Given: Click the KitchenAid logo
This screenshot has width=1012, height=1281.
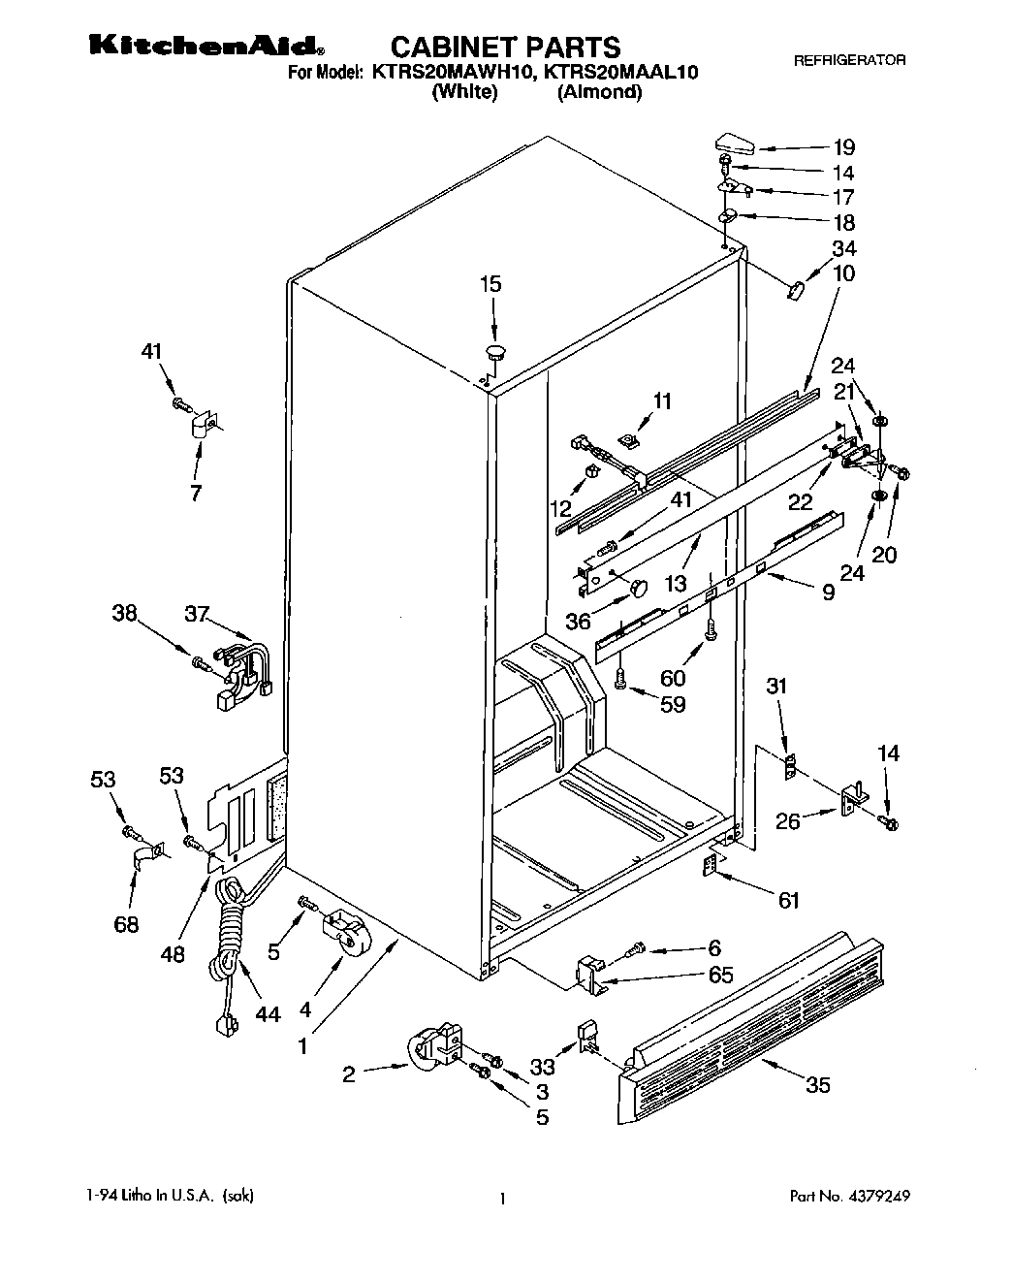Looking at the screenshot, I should (x=206, y=45).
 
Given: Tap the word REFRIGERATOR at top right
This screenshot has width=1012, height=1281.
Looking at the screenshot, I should (x=849, y=60).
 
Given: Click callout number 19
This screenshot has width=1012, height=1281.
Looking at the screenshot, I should (x=843, y=147).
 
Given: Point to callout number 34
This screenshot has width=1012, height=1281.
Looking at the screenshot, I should (x=843, y=249).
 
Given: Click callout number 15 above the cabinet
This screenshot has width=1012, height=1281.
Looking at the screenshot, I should (x=491, y=284).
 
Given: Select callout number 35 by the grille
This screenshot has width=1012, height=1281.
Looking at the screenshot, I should (x=818, y=1085).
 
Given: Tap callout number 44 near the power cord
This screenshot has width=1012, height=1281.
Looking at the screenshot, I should (x=268, y=1014).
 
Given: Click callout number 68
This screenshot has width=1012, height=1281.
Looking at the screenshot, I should (x=127, y=924).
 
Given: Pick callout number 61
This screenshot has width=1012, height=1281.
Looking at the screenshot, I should (x=789, y=902).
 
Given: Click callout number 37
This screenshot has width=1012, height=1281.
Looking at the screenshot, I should (x=197, y=613).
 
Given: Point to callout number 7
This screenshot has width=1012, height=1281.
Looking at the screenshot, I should (x=196, y=493).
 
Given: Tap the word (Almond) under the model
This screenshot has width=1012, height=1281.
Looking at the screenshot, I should (x=599, y=93).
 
